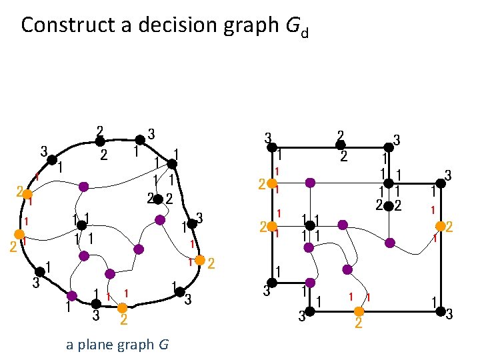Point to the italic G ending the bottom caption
[x=163, y=345]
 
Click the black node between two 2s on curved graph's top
[x=99, y=141]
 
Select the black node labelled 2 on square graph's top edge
[x=341, y=145]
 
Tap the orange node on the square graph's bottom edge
[x=359, y=311]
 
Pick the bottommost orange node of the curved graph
[x=122, y=308]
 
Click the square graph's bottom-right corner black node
[x=440, y=311]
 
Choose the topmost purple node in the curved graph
[x=83, y=187]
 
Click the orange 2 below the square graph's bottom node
[x=359, y=324]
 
